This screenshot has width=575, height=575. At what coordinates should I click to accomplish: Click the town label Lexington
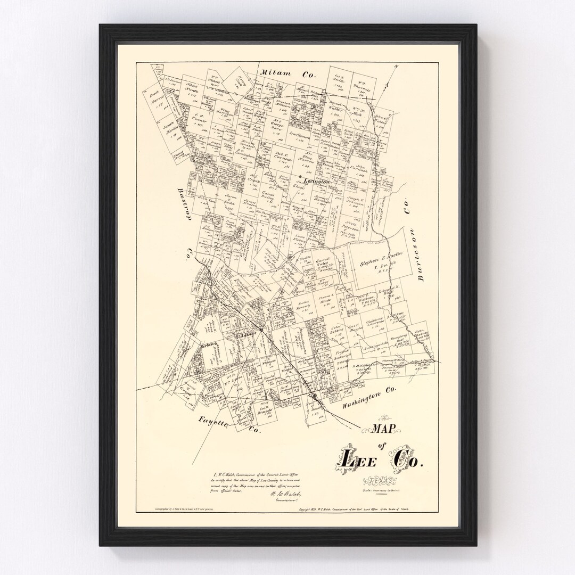pos(317,182)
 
